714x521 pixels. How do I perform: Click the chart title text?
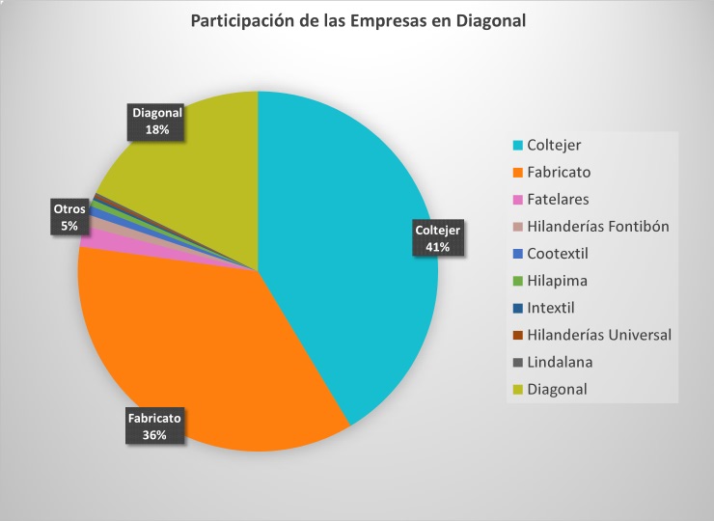pos(358,21)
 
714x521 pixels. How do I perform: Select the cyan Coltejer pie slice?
pos(357,241)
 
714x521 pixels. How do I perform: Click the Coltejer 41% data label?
pos(438,238)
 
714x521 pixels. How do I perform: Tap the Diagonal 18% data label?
pos(157,121)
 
